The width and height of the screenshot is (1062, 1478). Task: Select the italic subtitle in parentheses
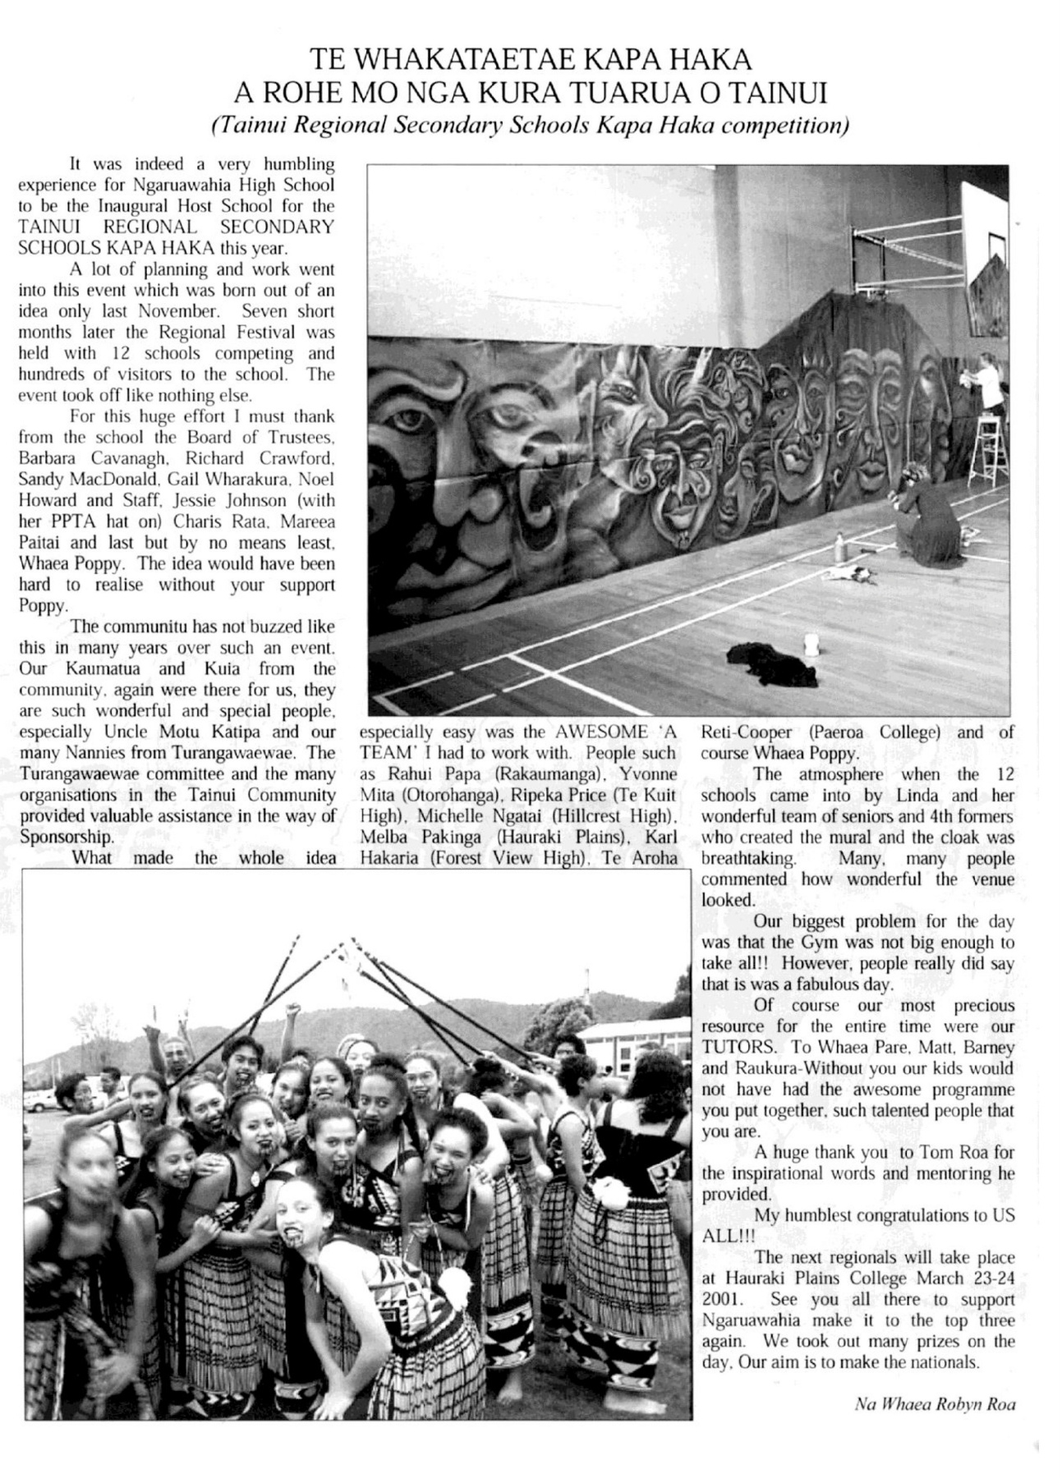pos(530,126)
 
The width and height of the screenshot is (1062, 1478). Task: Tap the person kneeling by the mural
pos(926,514)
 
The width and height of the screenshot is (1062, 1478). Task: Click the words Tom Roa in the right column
pos(941,1152)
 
